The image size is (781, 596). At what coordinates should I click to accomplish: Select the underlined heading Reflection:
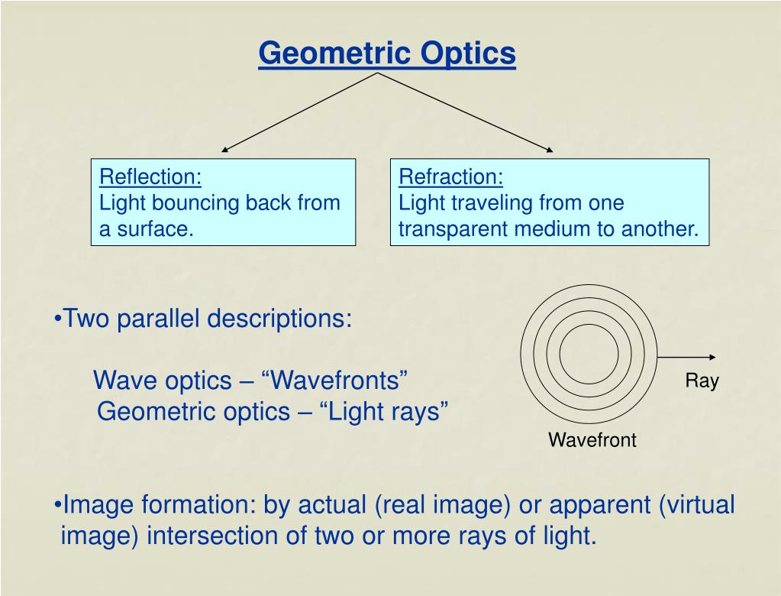pyautogui.click(x=150, y=177)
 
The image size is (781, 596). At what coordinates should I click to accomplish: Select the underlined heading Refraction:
pyautogui.click(x=451, y=177)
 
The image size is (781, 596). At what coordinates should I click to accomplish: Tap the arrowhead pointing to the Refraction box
pyautogui.click(x=550, y=150)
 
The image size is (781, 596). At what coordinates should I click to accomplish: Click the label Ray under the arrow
pyautogui.click(x=702, y=381)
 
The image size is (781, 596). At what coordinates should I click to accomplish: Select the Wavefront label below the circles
pyautogui.click(x=592, y=440)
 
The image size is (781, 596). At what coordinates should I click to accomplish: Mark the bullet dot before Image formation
pyautogui.click(x=59, y=506)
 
